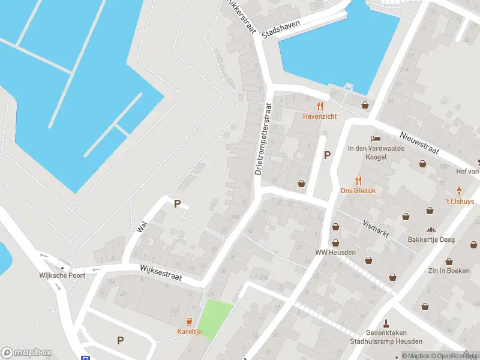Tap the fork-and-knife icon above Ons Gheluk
[358, 180]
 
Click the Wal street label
[142, 226]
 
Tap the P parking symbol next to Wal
[177, 204]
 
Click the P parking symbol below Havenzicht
[327, 155]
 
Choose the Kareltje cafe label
[189, 331]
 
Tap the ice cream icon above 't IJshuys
[460, 191]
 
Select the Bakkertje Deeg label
[431, 239]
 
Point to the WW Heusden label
[335, 252]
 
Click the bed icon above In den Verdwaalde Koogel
[376, 138]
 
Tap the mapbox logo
[26, 353]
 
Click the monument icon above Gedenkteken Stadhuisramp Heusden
[386, 323]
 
